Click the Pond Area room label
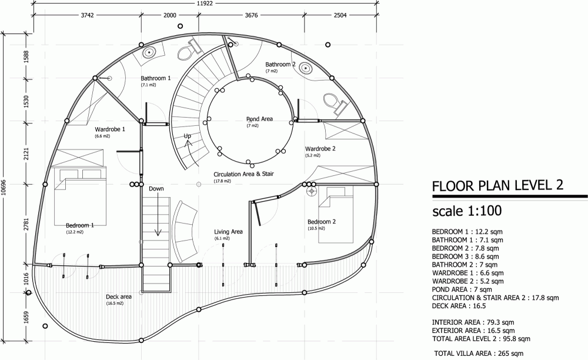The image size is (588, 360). point(259,119)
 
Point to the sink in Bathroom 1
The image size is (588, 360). point(149,52)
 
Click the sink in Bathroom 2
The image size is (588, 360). point(307,68)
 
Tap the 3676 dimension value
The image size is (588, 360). point(251,15)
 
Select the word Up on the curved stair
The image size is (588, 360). point(188,136)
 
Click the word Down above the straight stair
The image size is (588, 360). point(156,189)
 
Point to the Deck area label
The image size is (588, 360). point(119,296)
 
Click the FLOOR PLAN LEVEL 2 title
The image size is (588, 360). point(497,186)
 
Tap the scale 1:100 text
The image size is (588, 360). point(467,211)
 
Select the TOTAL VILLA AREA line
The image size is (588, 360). point(479,354)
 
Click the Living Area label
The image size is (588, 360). point(228,232)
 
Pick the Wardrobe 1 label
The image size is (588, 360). point(110,129)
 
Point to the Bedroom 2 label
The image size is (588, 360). point(322,222)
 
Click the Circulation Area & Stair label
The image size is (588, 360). point(244,174)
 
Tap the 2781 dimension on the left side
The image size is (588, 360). point(26,224)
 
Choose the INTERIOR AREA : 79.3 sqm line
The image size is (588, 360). point(473,322)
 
